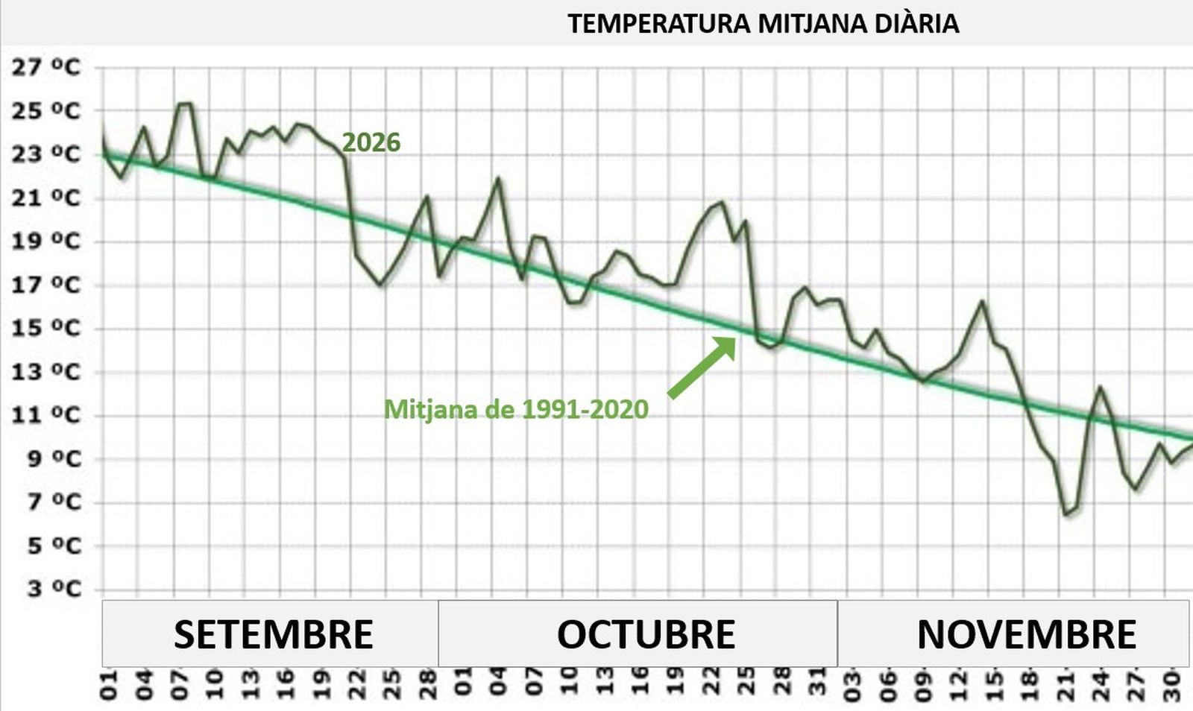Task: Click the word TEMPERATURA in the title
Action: click(x=658, y=24)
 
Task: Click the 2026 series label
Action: click(x=371, y=142)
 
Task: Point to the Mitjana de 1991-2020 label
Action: click(x=516, y=409)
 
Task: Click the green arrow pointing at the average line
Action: click(x=701, y=367)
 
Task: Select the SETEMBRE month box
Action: click(x=273, y=634)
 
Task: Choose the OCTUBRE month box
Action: click(x=646, y=634)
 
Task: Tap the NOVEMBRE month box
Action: click(x=1026, y=634)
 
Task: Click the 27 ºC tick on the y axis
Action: click(x=45, y=67)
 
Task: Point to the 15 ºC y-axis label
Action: click(x=45, y=328)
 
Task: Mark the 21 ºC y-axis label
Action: click(x=45, y=197)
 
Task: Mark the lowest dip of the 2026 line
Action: click(x=1066, y=513)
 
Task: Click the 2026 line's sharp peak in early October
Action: click(x=498, y=178)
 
